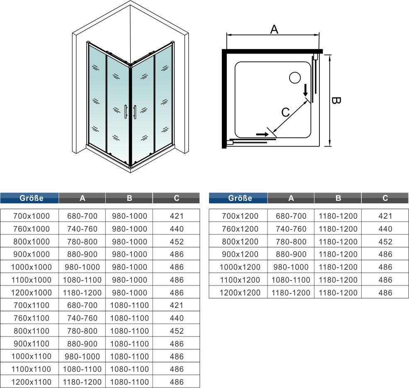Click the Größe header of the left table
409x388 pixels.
(x=32, y=198)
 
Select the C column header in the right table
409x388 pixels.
(x=385, y=198)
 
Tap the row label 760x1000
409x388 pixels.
(x=31, y=229)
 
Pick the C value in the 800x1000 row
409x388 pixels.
(x=177, y=242)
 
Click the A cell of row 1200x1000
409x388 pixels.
(x=82, y=293)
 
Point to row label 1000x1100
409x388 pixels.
(x=31, y=356)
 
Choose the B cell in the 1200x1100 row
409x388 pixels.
(x=129, y=382)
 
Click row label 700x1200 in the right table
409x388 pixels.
(x=240, y=216)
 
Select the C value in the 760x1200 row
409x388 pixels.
(x=385, y=229)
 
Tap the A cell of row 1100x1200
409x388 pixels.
(x=291, y=280)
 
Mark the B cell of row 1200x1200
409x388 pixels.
(x=338, y=293)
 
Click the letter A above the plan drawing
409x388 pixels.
(x=274, y=29)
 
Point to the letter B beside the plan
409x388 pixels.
(x=337, y=101)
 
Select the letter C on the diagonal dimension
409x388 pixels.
(x=286, y=112)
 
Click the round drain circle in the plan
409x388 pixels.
(x=295, y=78)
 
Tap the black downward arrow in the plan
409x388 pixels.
(x=306, y=91)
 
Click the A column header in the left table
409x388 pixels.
(x=82, y=198)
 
